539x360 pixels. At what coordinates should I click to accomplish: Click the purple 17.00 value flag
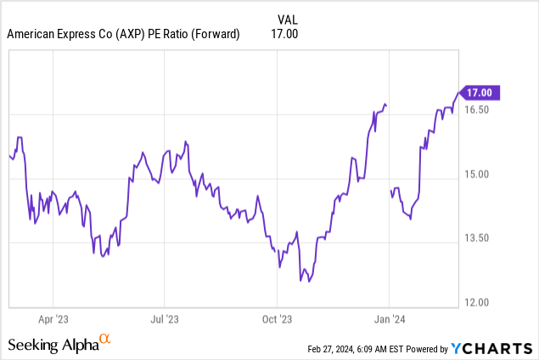pos(480,93)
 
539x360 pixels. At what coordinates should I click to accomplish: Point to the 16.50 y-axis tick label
pos(479,110)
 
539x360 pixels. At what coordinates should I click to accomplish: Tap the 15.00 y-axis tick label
pos(479,175)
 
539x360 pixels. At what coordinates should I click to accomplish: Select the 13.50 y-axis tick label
pos(479,239)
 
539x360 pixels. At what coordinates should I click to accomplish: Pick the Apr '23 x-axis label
pos(53,319)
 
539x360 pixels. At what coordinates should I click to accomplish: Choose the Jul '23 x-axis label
pos(165,319)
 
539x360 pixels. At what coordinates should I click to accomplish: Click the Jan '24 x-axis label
pos(389,319)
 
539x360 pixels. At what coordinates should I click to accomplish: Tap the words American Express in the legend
pos(51,34)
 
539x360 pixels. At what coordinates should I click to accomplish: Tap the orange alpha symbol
pos(105,340)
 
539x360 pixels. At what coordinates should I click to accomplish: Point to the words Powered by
pos(430,349)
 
